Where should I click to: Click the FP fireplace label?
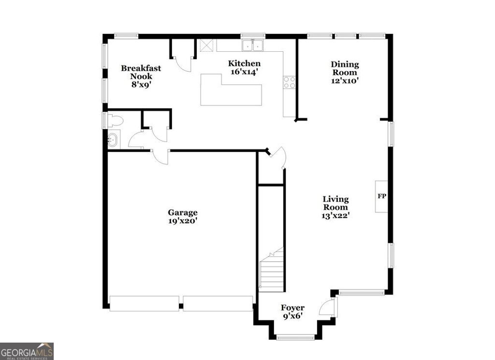coord(381,196)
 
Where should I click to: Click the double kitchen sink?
coord(253,45)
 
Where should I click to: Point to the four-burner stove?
coord(290,82)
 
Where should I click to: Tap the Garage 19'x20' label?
coord(183,216)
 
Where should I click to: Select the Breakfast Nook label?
coord(141,76)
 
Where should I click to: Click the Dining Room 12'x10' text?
coord(345,72)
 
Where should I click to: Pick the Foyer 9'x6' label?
coord(293,312)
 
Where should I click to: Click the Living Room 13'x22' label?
coord(335,207)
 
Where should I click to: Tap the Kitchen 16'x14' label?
coord(244,67)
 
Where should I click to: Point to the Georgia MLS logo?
coord(27,351)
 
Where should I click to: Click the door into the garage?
coord(160,156)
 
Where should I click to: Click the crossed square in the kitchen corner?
coord(207,45)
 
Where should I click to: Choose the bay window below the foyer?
coord(295,337)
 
